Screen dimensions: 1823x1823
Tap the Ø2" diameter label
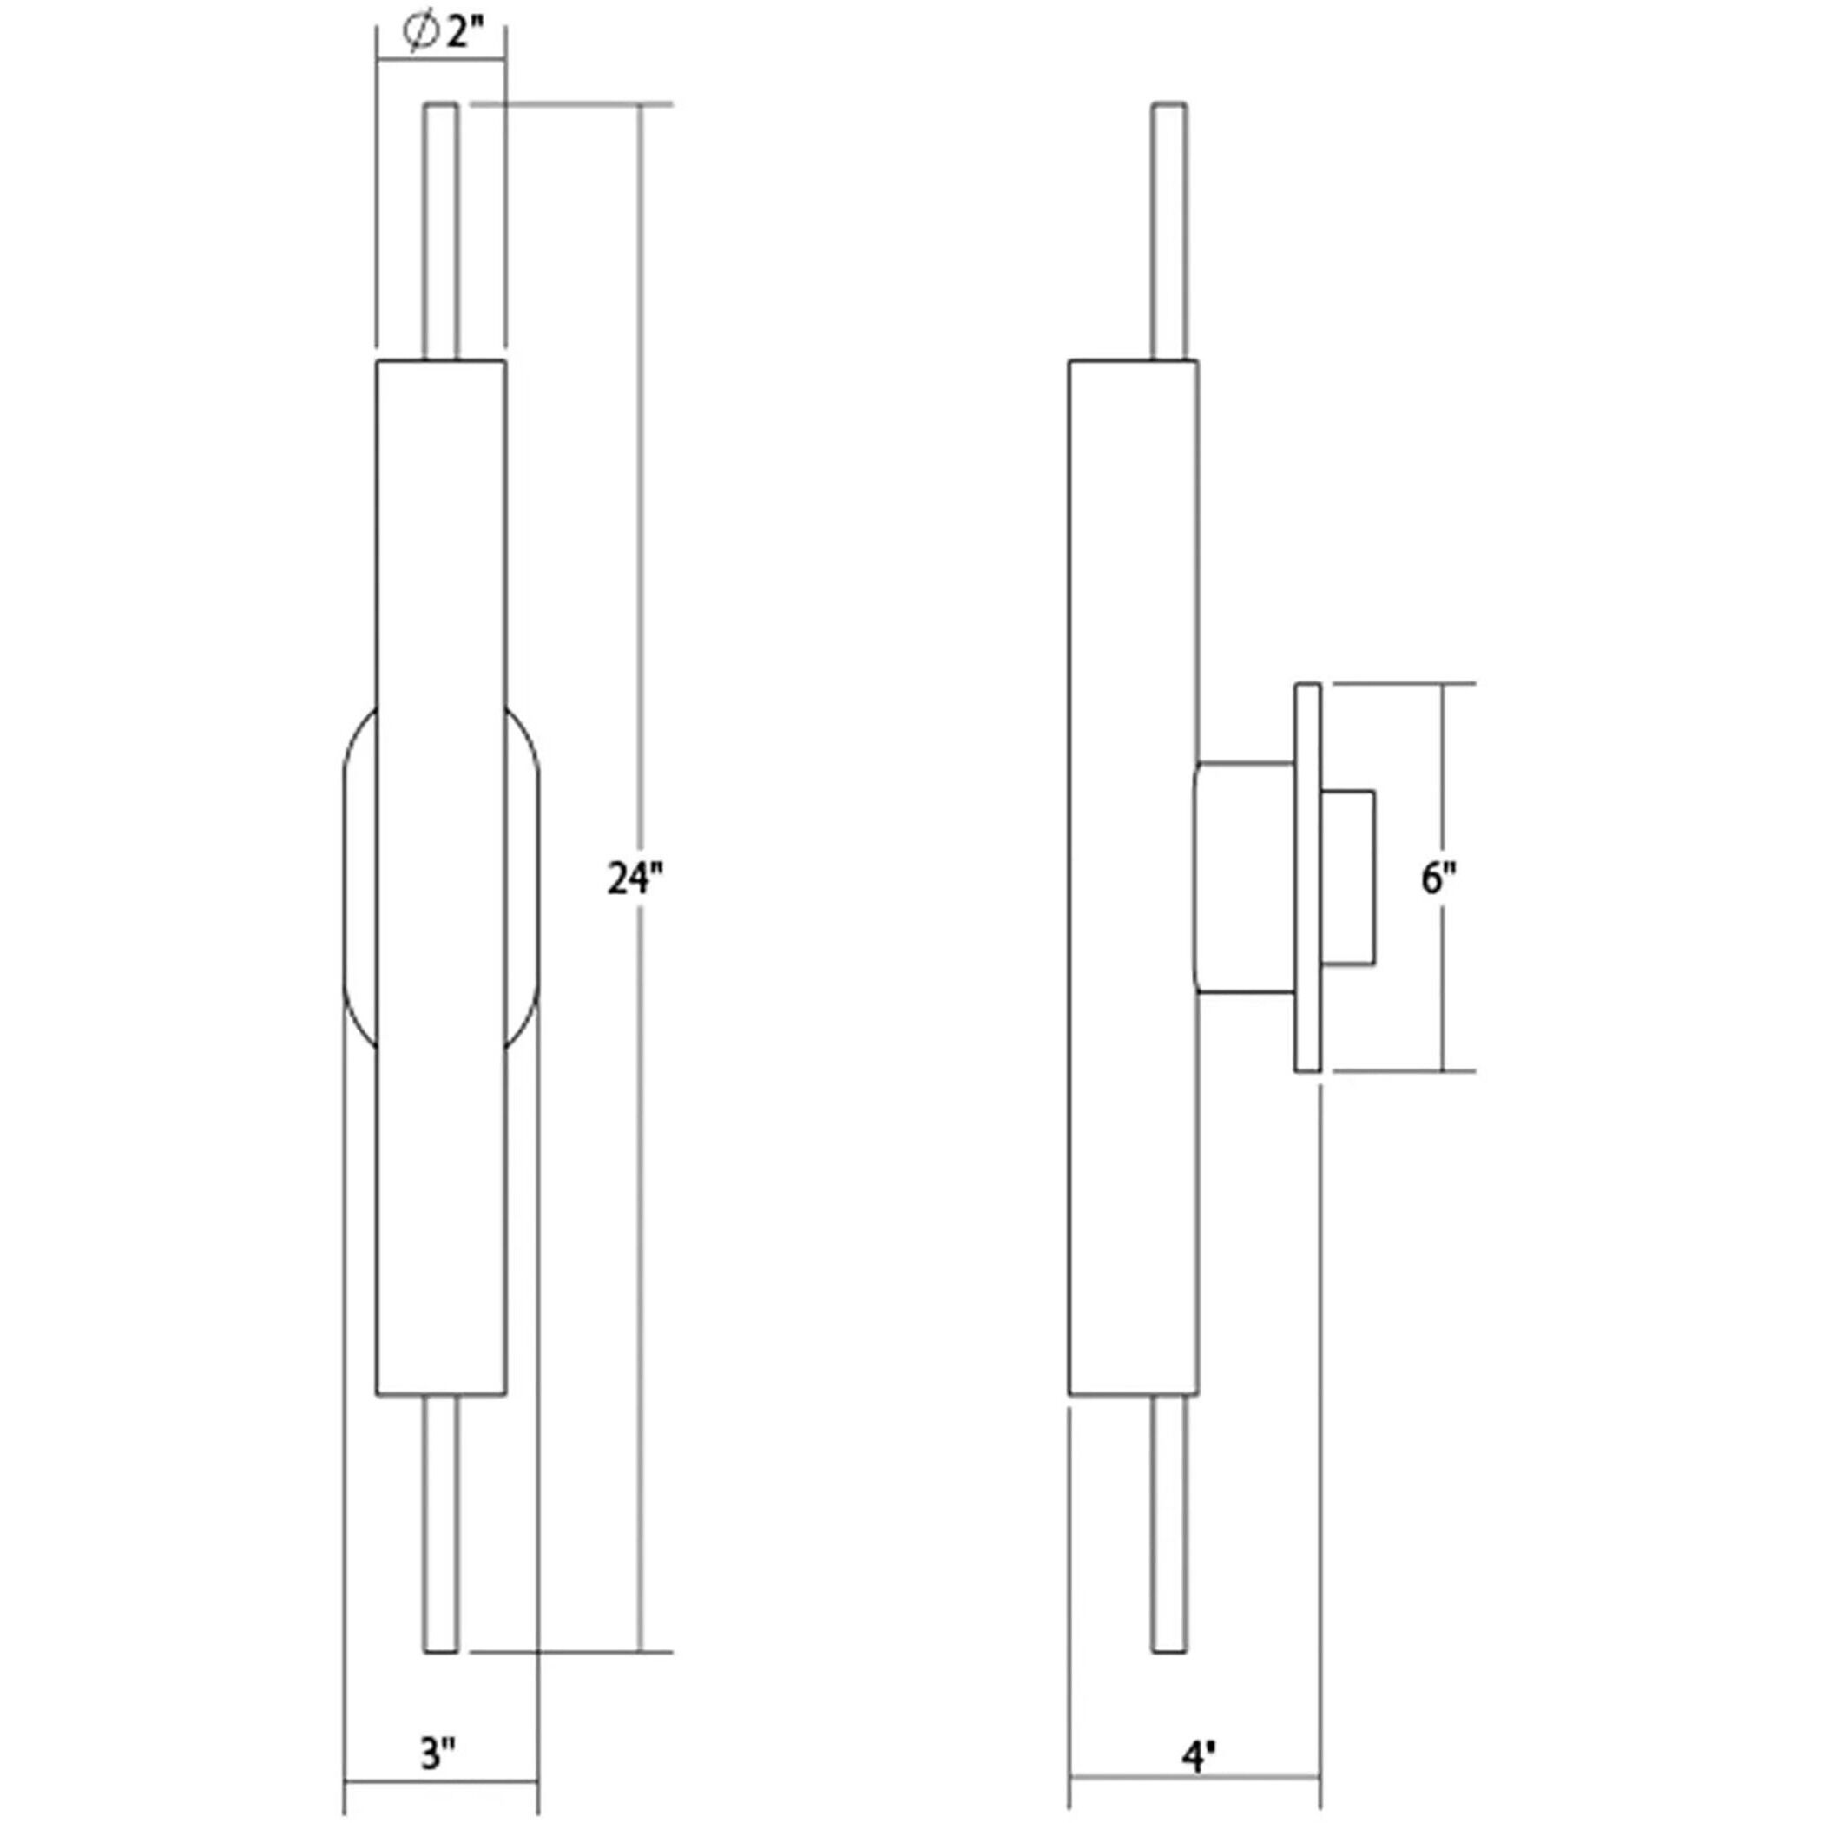443,33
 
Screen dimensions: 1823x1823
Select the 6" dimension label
1438,879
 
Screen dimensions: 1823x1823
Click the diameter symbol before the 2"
419,33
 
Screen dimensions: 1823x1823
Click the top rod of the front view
441,231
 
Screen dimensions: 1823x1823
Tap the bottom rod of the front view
441,1527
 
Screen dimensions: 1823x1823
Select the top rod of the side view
1169,231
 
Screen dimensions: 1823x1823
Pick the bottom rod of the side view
1169,1527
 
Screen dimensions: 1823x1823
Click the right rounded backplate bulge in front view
522,879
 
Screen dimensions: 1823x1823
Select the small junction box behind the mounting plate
1347,879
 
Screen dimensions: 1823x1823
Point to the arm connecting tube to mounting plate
1245,879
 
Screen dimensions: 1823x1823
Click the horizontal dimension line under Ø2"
441,63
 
